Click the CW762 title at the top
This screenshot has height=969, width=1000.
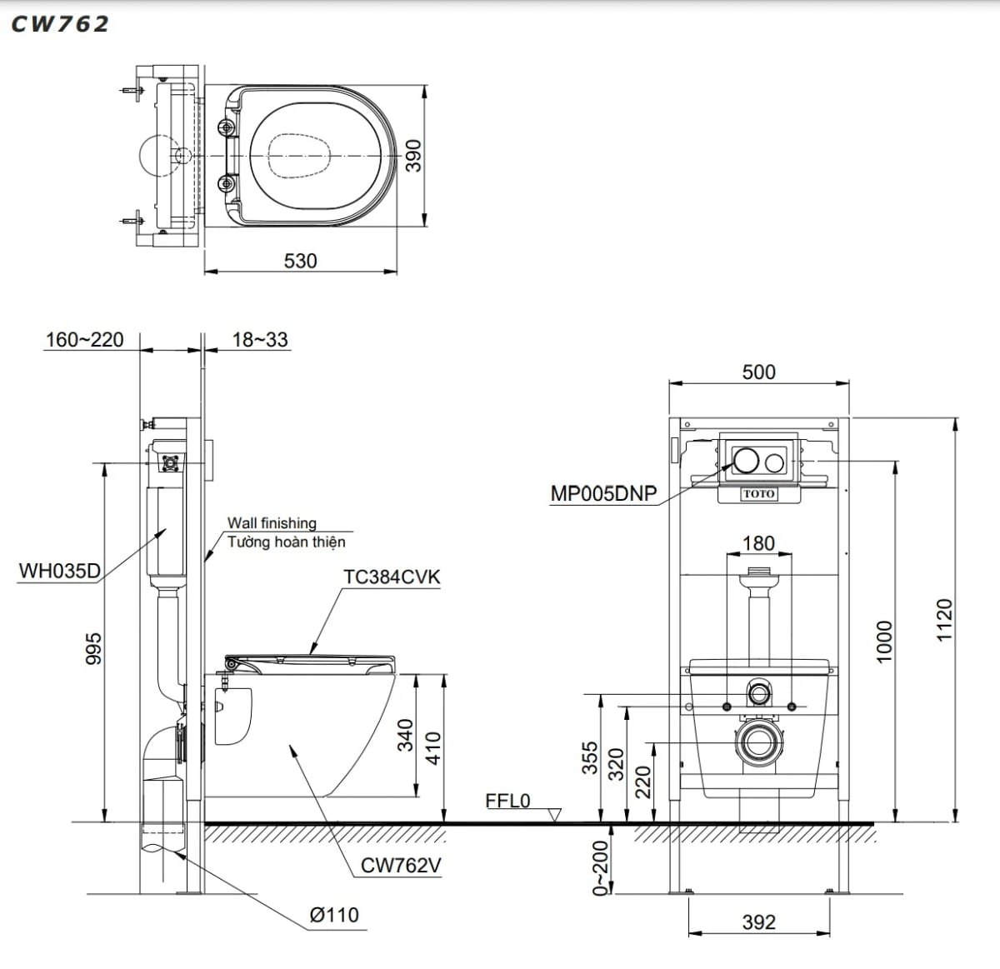(x=60, y=24)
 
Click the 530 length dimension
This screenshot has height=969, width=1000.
(x=300, y=261)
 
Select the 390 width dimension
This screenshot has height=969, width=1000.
(x=413, y=155)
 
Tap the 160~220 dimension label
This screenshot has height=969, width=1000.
(x=84, y=340)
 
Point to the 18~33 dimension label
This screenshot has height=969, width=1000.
(x=259, y=340)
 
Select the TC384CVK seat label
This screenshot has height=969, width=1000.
(x=392, y=577)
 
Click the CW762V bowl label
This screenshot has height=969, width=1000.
(x=401, y=866)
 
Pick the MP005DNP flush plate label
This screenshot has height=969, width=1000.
(x=603, y=493)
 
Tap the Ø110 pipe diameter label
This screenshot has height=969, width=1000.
(x=334, y=915)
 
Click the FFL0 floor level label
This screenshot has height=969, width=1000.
(x=507, y=801)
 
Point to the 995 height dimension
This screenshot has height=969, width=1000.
(x=93, y=648)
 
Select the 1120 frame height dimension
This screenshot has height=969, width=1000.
(x=943, y=619)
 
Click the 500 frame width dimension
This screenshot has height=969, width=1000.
(x=758, y=372)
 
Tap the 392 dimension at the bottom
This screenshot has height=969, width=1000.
(x=758, y=922)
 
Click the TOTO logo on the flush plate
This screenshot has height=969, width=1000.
(x=758, y=494)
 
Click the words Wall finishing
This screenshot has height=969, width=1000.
(x=272, y=522)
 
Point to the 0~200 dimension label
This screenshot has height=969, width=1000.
(x=599, y=868)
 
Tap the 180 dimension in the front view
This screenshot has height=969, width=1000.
(x=758, y=543)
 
